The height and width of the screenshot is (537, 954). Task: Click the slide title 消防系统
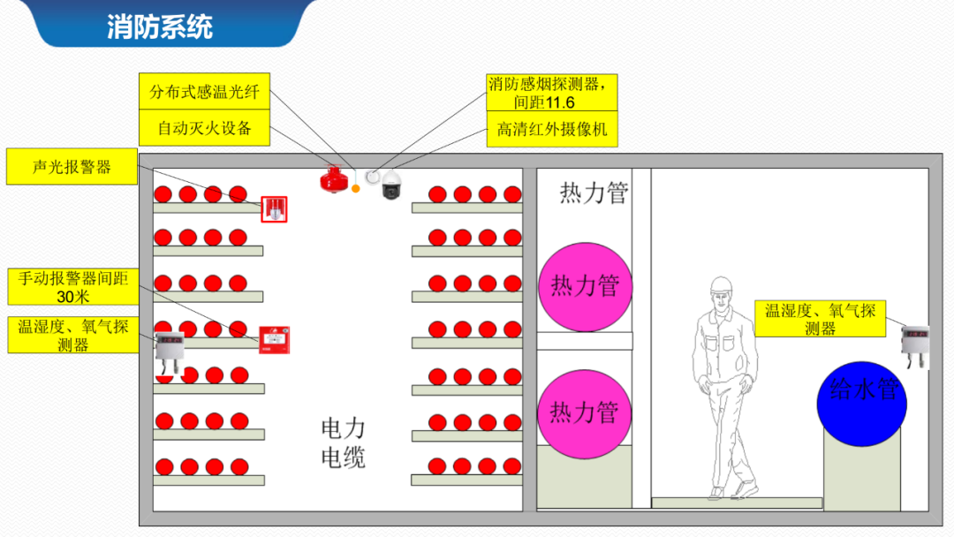pyautogui.click(x=160, y=26)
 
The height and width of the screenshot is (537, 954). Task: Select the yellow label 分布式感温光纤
pyautogui.click(x=204, y=91)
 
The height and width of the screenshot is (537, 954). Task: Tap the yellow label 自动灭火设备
pyautogui.click(x=204, y=128)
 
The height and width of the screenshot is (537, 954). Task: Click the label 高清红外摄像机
pyautogui.click(x=551, y=130)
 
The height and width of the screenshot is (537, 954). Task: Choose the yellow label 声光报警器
pyautogui.click(x=72, y=167)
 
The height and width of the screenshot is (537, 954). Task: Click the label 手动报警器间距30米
pyautogui.click(x=73, y=287)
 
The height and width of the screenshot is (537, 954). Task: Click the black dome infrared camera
pyautogui.click(x=390, y=186)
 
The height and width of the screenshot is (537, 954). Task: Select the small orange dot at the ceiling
pyautogui.click(x=356, y=188)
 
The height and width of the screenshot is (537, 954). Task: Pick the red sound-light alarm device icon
pyautogui.click(x=275, y=209)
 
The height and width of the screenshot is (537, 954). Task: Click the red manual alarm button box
pyautogui.click(x=275, y=340)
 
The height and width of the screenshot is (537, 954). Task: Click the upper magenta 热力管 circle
pyautogui.click(x=585, y=286)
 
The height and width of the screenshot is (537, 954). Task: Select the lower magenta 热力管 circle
pyautogui.click(x=584, y=412)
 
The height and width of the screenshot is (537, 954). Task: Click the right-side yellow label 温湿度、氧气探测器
pyautogui.click(x=820, y=319)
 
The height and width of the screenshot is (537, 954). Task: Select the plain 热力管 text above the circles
pyautogui.click(x=594, y=193)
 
